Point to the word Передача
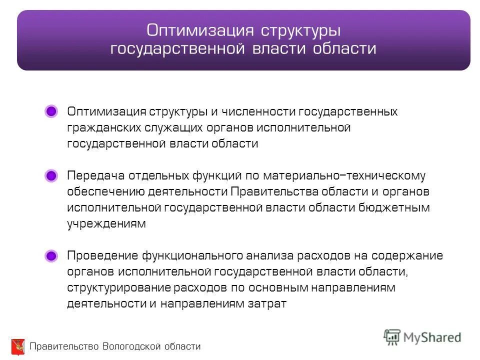pyautogui.click(x=95, y=176)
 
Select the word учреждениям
pyautogui.click(x=106, y=224)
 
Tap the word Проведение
pyautogui.click(x=102, y=256)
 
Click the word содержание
pyautogui.click(x=412, y=256)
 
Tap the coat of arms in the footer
pyautogui.click(x=17, y=346)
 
